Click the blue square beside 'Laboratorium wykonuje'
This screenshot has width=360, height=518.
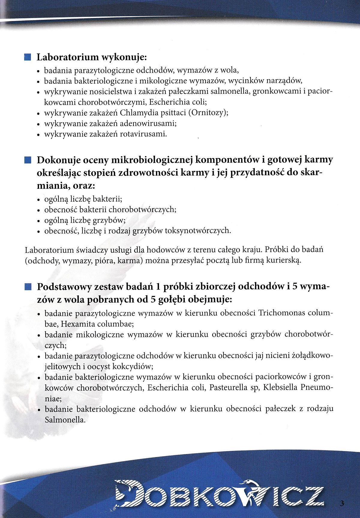pyautogui.click(x=28, y=57)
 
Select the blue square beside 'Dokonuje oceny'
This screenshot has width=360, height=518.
pyautogui.click(x=28, y=160)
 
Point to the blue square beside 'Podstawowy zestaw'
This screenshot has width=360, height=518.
pyautogui.click(x=28, y=287)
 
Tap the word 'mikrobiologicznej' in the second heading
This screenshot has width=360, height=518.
pyautogui.click(x=151, y=160)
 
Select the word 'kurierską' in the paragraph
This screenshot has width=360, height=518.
pyautogui.click(x=283, y=261)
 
